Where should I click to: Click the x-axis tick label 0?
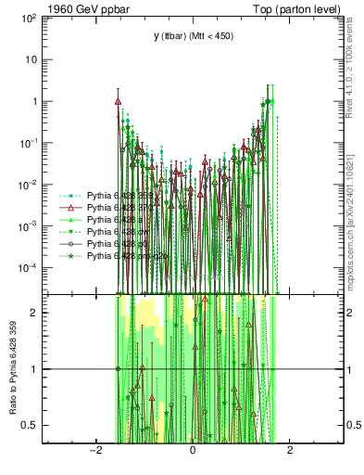[x=193, y=450]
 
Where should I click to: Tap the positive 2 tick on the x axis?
[x=290, y=450]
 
